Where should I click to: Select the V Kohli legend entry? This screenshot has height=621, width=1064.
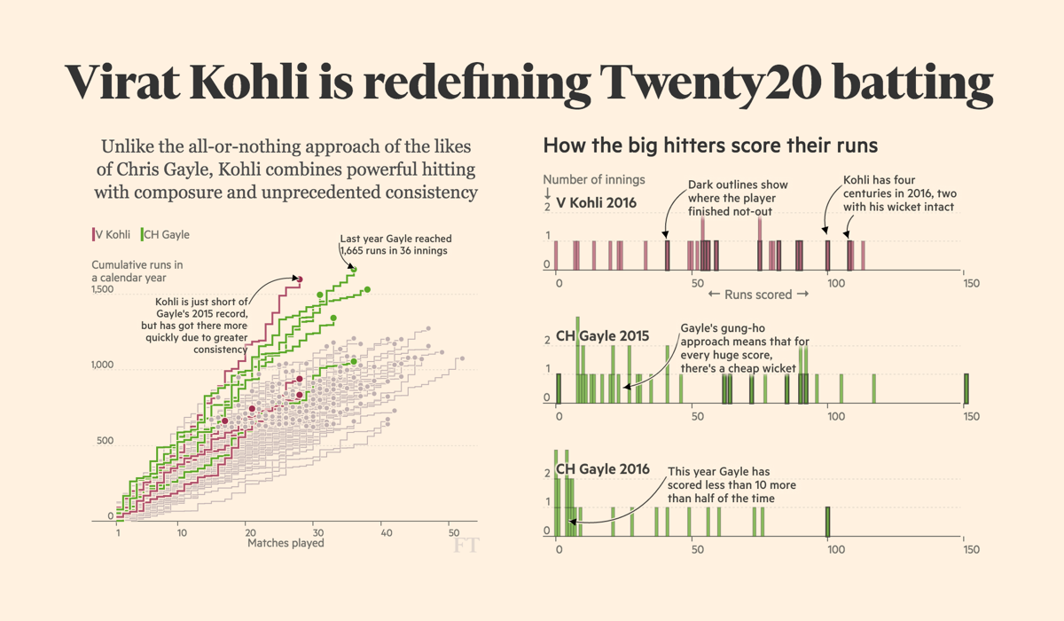pos(112,234)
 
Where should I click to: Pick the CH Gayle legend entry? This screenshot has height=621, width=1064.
pos(166,234)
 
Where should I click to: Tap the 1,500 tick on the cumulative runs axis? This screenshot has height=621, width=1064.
pos(103,290)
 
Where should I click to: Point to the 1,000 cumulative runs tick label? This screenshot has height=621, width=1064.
pos(103,366)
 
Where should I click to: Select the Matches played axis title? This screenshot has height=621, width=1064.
pos(286,543)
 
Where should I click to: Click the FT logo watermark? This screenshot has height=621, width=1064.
pos(465,545)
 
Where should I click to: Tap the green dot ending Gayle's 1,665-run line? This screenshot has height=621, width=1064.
pos(354,269)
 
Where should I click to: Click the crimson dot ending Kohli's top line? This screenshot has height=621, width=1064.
pos(300,280)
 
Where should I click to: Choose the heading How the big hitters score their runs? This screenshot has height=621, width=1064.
pos(710,145)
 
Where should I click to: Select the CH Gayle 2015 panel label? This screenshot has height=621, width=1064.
pos(602,336)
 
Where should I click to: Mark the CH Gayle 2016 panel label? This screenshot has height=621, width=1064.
pos(602,469)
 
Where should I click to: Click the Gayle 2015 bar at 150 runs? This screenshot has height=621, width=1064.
pos(966,389)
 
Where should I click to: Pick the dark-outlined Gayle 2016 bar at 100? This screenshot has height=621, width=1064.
pos(828,522)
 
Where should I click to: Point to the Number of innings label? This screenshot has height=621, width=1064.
pos(594,179)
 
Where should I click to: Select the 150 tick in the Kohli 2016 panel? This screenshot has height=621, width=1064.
pos(971,283)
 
